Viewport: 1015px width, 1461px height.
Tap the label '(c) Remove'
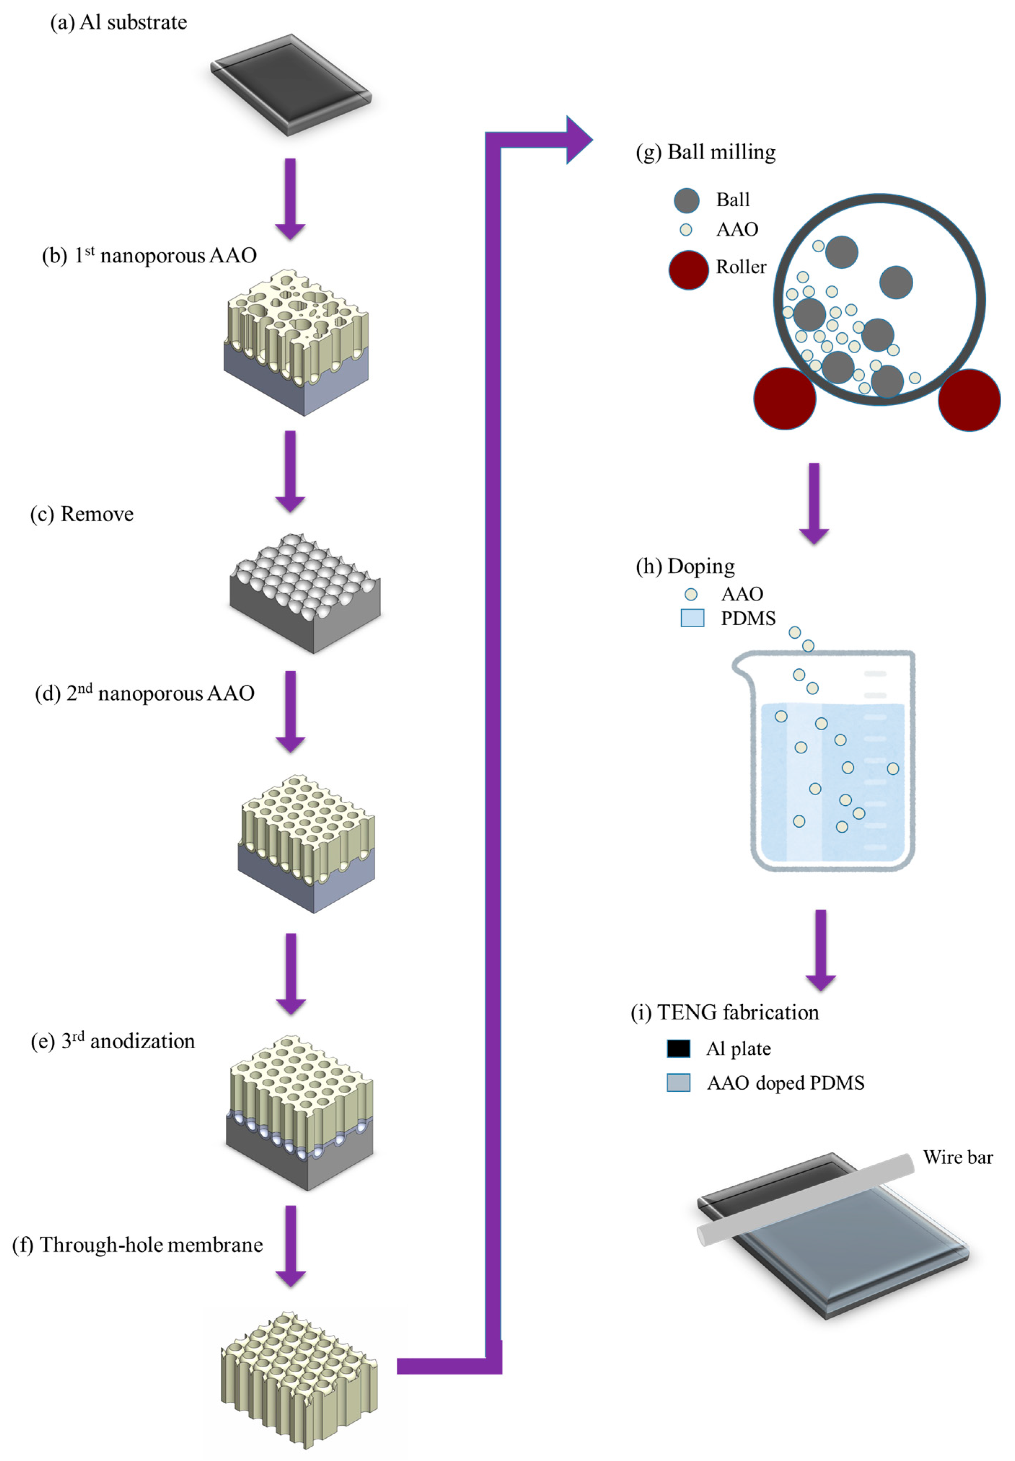pyautogui.click(x=82, y=514)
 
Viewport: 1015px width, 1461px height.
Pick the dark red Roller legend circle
pyautogui.click(x=688, y=270)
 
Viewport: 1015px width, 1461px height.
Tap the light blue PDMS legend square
pyautogui.click(x=692, y=618)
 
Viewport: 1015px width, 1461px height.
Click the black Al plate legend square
pyautogui.click(x=678, y=1048)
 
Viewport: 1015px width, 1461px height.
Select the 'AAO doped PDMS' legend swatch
pyautogui.click(x=678, y=1083)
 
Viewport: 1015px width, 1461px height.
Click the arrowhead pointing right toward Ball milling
pyautogui.click(x=578, y=140)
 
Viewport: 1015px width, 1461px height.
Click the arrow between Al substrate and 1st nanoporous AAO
pyautogui.click(x=290, y=199)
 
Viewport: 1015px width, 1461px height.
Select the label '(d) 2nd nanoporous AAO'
pyautogui.click(x=145, y=694)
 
